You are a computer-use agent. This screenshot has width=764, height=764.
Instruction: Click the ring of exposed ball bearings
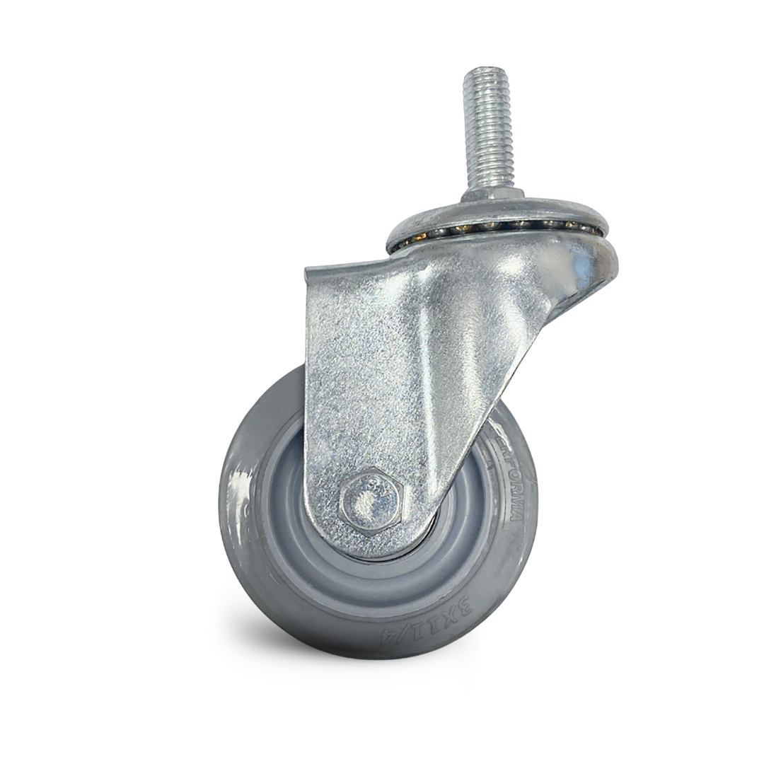[495, 228]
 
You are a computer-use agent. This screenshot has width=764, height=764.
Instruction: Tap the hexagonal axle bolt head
[369, 500]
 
